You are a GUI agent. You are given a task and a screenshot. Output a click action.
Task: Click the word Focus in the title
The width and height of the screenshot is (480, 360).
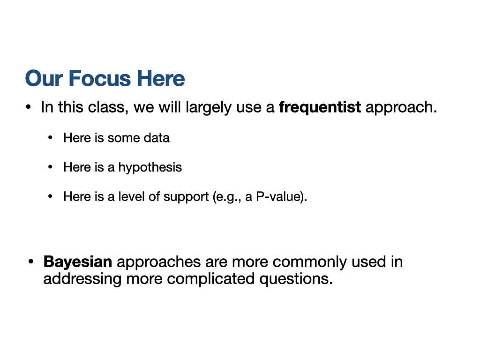[100, 78]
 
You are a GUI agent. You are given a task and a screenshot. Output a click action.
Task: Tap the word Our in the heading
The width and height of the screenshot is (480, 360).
[44, 78]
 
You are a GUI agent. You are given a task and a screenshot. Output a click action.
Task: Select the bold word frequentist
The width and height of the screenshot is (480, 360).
[320, 107]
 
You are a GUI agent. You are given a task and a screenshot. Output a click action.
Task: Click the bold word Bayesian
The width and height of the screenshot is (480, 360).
[78, 262]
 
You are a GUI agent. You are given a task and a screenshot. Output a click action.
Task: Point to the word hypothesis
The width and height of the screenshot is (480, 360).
[150, 168]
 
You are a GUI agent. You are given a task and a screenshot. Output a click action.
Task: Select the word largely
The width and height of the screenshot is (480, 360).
[209, 108]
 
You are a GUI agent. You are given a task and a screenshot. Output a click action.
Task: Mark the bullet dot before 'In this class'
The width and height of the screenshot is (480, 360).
[29, 107]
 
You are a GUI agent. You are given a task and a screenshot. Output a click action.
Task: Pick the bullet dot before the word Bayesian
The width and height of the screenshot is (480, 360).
[30, 262]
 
